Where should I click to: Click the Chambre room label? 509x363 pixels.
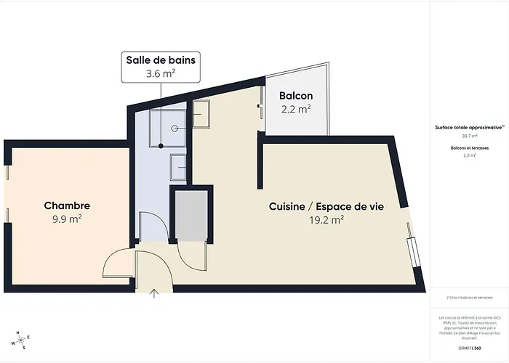click(66, 206)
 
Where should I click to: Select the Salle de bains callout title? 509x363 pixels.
click(161, 60)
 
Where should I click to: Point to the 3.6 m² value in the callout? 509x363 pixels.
click(161, 73)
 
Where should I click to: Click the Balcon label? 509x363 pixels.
click(296, 96)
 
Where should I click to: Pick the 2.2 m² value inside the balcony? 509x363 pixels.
click(296, 110)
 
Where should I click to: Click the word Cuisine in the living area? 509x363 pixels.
click(287, 207)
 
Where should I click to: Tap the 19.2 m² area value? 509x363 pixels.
click(326, 220)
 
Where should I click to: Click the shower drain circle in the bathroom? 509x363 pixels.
click(176, 127)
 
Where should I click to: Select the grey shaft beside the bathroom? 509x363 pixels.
click(191, 216)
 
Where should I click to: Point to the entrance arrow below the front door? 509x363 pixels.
click(154, 293)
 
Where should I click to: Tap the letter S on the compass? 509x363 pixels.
click(24, 348)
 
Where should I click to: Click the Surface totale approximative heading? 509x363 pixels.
click(468, 126)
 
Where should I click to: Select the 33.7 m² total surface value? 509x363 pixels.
click(470, 136)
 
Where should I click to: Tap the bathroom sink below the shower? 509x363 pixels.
click(179, 167)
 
